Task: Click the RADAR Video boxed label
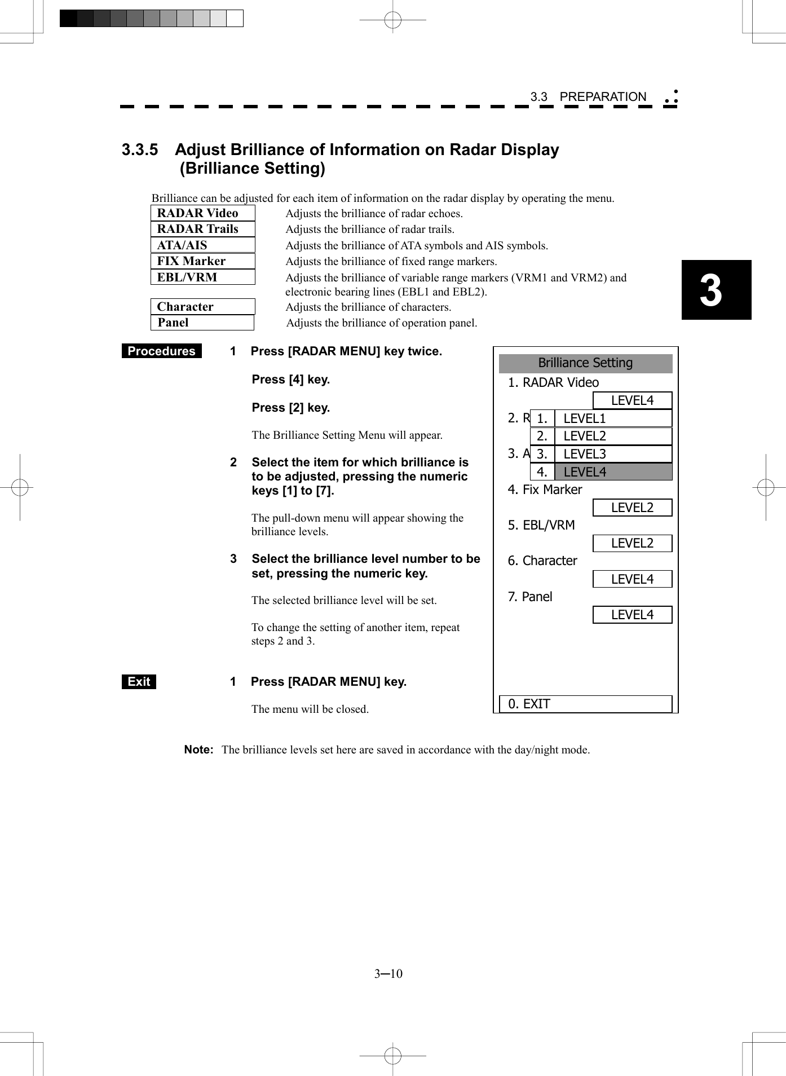pos(202,213)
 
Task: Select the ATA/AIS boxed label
pos(202,245)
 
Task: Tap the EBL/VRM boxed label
pos(202,277)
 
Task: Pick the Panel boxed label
pos(202,323)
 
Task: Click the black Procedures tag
pos(161,351)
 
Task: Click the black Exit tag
pos(139,682)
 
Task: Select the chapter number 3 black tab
pos(716,290)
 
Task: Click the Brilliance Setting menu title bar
pos(585,363)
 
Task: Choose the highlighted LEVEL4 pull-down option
pos(613,472)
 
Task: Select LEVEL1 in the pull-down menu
pos(613,418)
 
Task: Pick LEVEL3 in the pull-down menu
pos(613,454)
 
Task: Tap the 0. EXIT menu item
pos(585,704)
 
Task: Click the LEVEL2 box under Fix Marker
pos(632,508)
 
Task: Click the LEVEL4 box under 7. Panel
pos(632,615)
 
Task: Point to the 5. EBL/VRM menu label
pos(541,525)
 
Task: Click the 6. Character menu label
pos(542,561)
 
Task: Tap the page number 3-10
pos(388,974)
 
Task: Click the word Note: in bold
pos(198,750)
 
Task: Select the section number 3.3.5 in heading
pos(140,150)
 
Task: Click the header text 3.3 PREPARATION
pos(588,97)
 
